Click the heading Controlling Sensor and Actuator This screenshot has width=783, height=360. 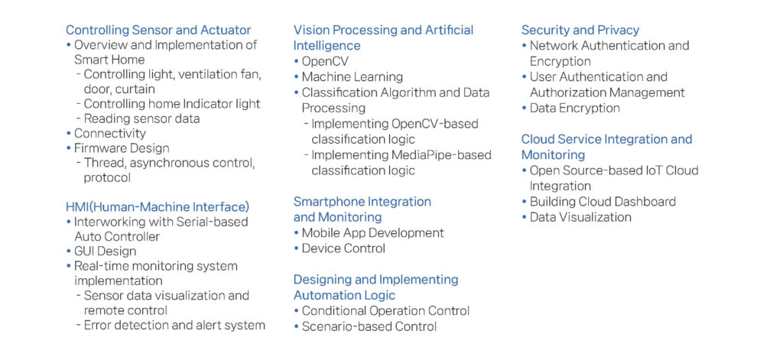[158, 30]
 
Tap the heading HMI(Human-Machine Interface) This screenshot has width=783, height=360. [158, 206]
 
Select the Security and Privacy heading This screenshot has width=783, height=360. [580, 30]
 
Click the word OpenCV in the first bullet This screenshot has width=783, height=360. [325, 61]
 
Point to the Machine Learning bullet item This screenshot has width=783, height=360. [352, 77]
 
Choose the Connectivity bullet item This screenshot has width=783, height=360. [110, 134]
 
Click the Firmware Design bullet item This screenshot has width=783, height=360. [122, 149]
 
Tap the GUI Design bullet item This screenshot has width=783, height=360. [105, 251]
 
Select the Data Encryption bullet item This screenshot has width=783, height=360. [575, 109]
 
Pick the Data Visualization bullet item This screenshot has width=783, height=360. [580, 217]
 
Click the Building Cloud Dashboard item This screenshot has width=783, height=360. [603, 202]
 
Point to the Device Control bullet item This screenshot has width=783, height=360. [343, 248]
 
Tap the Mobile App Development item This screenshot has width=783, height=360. [372, 232]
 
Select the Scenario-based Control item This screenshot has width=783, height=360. [369, 326]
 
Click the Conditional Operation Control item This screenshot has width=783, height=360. [385, 311]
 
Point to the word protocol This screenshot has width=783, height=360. [107, 178]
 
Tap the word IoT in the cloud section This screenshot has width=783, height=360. [645, 170]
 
